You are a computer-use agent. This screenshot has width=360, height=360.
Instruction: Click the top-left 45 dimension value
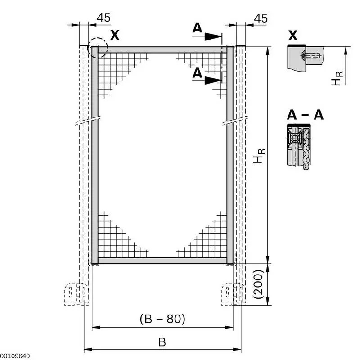(103, 18)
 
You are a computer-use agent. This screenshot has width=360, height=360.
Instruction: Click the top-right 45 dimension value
(261, 18)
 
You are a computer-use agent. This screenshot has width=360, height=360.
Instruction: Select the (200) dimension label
(258, 284)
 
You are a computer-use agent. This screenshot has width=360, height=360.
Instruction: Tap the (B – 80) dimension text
(162, 319)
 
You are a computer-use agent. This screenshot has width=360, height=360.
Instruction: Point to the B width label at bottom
(162, 342)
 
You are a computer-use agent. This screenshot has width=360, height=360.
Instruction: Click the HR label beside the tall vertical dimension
(259, 156)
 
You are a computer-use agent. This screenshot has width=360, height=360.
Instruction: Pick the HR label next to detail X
(337, 78)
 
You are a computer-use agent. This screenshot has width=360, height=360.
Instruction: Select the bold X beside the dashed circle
(115, 35)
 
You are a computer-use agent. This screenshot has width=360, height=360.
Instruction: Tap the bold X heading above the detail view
(293, 36)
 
